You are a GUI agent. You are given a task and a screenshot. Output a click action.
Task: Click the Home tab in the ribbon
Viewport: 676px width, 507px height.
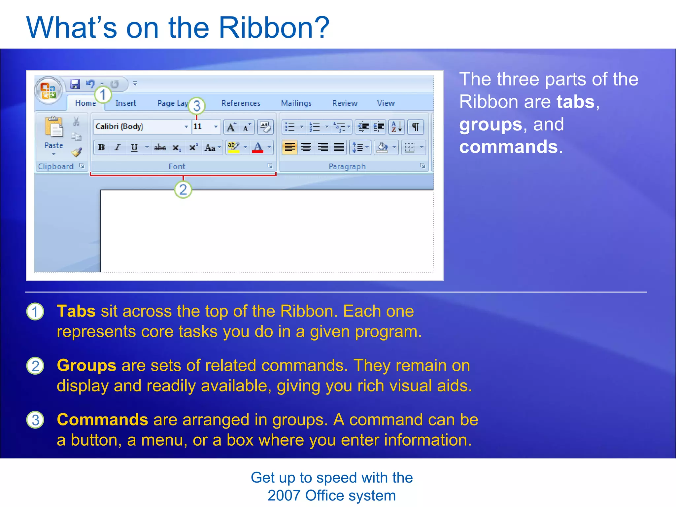click(x=85, y=103)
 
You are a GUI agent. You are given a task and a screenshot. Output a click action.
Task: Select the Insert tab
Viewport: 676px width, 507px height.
click(x=125, y=103)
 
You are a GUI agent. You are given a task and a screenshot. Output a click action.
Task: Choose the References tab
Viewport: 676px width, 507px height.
click(x=241, y=103)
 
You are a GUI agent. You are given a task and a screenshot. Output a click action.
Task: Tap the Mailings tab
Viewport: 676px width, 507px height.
click(x=296, y=103)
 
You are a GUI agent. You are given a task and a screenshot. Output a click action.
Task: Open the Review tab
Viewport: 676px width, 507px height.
click(x=345, y=103)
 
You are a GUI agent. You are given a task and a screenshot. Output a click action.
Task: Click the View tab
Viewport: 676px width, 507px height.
click(x=386, y=103)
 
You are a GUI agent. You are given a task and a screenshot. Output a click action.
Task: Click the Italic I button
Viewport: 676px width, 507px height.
click(x=117, y=148)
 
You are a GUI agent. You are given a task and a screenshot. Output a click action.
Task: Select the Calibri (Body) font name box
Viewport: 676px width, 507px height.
click(x=139, y=127)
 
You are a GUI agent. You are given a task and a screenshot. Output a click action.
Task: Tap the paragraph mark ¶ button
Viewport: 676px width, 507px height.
click(x=416, y=127)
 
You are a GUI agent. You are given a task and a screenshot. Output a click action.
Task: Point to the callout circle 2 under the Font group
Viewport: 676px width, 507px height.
click(x=183, y=190)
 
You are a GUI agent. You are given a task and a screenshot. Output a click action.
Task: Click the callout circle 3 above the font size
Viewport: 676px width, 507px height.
click(x=197, y=106)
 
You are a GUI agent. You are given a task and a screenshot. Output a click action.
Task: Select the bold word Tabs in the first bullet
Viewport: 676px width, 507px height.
click(x=76, y=311)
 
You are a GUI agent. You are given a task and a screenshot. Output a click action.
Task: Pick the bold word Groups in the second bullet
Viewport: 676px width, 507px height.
click(x=86, y=365)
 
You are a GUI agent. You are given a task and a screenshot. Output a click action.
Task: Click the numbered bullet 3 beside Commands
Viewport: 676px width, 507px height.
click(x=35, y=420)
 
